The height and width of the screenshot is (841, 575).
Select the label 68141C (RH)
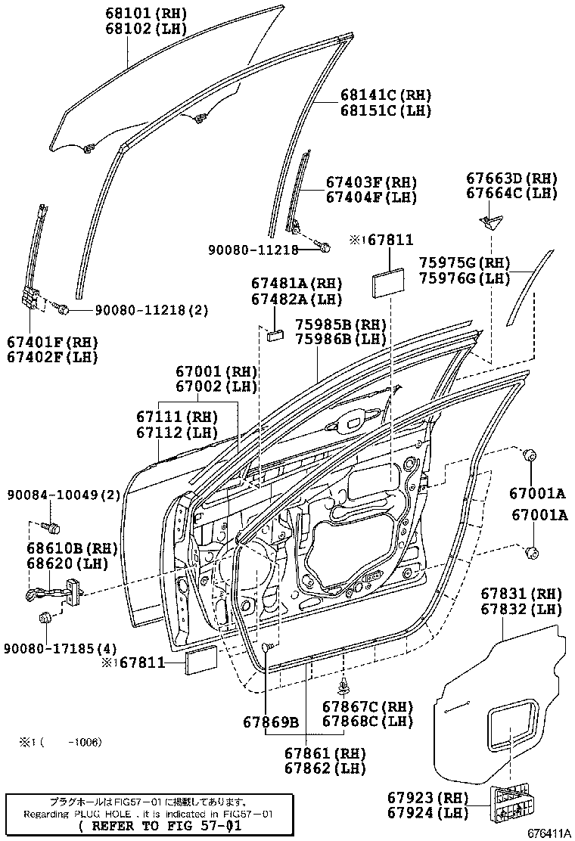384,95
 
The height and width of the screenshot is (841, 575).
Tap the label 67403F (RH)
371,182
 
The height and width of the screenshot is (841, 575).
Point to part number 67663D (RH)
511,178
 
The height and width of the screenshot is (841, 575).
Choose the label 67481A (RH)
297,284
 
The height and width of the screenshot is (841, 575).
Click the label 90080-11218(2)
143,310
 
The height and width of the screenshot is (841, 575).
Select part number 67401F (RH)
53,342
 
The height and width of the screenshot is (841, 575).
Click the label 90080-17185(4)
60,648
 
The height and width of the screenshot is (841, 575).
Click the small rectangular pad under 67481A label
275,335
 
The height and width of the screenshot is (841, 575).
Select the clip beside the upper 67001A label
530,455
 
